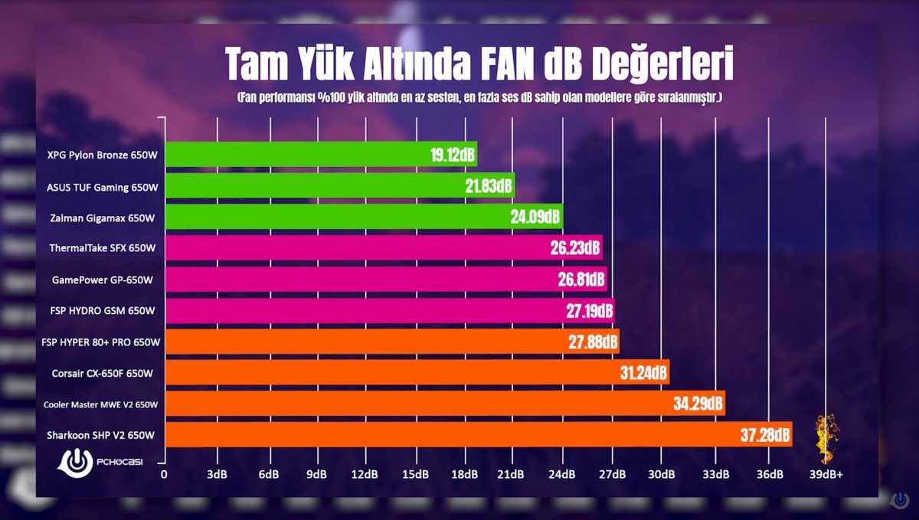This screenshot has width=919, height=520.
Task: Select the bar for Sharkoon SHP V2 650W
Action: (459, 435)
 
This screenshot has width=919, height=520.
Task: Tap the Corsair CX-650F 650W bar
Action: (398, 373)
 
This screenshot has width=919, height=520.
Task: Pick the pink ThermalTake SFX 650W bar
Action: (368, 248)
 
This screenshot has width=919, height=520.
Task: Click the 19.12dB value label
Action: (453, 155)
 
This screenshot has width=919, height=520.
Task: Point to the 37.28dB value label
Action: (764, 436)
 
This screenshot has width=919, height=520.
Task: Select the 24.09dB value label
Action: (535, 217)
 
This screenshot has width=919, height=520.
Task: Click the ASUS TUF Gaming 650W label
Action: (103, 187)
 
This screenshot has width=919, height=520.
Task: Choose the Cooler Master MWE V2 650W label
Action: (100, 404)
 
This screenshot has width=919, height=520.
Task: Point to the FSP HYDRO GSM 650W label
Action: (103, 311)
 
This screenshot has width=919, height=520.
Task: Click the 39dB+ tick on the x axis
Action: (826, 475)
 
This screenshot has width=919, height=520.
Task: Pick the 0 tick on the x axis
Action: (164, 475)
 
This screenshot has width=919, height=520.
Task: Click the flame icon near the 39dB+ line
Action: (824, 438)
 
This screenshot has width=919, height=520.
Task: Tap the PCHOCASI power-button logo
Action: (76, 463)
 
